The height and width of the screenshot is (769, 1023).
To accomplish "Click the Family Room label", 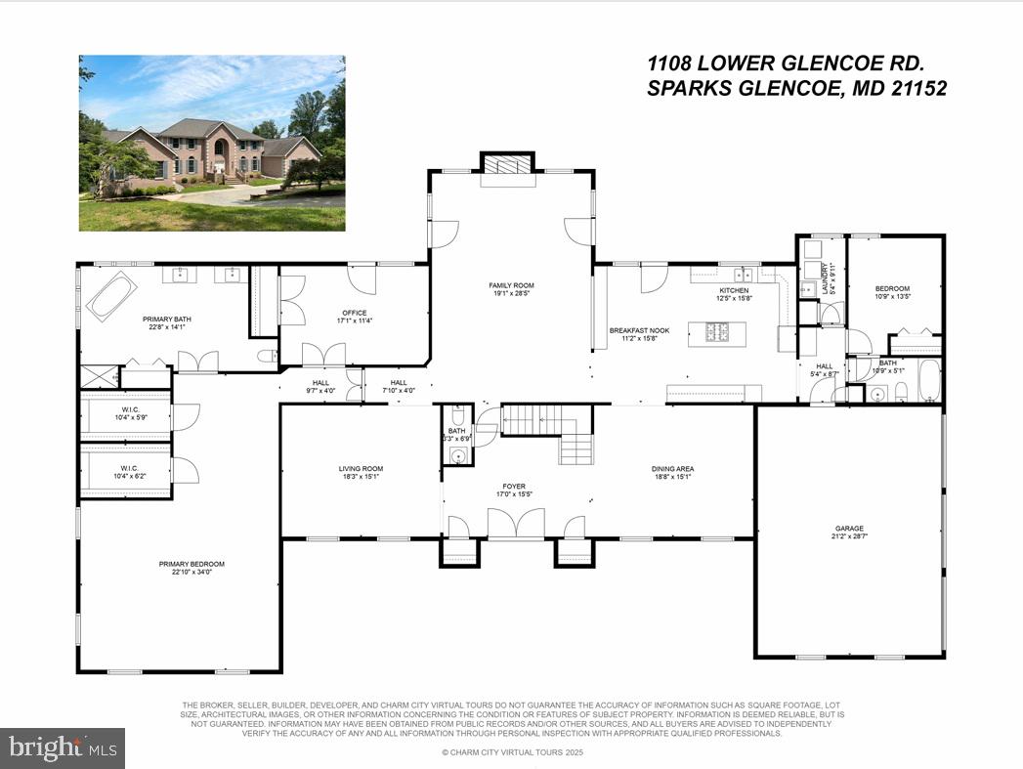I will [x=511, y=286].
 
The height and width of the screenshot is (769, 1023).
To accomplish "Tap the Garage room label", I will [x=848, y=529].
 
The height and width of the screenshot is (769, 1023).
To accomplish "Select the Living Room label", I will [x=360, y=469].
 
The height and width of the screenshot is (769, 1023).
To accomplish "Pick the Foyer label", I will [x=514, y=486].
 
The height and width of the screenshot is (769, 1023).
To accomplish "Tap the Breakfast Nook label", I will [x=639, y=331].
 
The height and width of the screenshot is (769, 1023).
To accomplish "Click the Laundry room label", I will [x=825, y=278].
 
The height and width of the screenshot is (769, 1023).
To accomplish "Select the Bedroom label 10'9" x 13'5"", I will [x=892, y=288].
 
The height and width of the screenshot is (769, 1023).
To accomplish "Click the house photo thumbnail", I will [x=212, y=143].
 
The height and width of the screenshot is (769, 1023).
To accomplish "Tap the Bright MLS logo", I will [x=63, y=748].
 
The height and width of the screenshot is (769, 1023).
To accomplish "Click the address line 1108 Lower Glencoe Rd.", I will [x=786, y=64].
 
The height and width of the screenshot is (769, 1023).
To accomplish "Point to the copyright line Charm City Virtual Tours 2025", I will [x=511, y=752].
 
